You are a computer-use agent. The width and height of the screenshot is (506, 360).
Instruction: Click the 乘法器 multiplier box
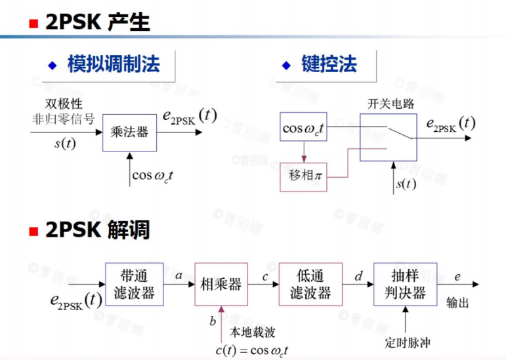click(129, 132)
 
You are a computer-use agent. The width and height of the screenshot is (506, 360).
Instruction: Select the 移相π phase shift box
click(303, 176)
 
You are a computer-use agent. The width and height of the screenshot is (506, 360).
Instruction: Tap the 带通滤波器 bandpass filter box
click(134, 285)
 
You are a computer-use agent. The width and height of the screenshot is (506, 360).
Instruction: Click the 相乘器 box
click(221, 285)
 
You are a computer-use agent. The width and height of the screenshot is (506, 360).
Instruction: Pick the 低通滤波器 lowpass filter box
click(310, 285)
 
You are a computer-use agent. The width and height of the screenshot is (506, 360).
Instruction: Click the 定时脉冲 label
click(408, 342)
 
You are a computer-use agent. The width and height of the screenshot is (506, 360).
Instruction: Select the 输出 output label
click(457, 303)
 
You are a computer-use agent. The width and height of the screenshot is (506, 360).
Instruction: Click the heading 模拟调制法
click(114, 64)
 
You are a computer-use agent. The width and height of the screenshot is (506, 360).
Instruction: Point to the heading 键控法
click(329, 64)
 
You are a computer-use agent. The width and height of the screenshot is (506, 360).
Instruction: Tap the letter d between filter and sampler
click(358, 277)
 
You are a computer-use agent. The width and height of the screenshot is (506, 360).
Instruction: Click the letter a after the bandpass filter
click(178, 277)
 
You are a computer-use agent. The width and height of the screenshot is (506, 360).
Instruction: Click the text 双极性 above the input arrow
click(64, 104)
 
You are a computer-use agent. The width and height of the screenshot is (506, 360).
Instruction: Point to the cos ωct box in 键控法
click(303, 128)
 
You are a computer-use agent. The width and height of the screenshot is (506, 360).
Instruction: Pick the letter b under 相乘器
click(212, 321)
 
